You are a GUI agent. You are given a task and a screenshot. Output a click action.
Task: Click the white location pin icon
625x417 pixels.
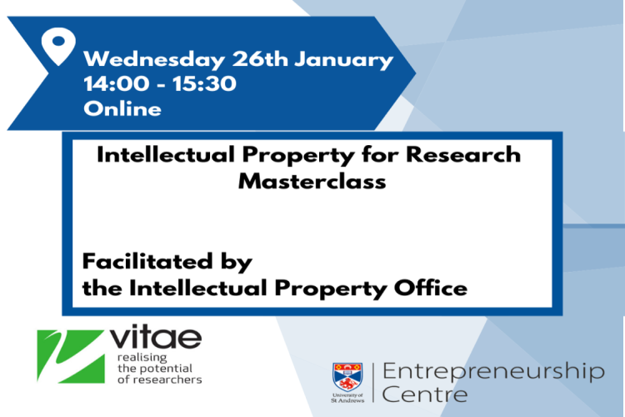[x=58, y=48]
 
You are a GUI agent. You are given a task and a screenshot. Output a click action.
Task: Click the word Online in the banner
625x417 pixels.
[x=122, y=108]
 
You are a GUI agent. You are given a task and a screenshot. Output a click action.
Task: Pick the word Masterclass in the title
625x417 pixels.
[x=312, y=181]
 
